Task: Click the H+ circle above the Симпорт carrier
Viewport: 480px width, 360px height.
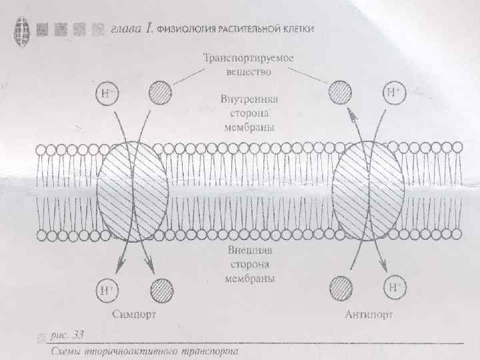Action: pyautogui.click(x=107, y=93)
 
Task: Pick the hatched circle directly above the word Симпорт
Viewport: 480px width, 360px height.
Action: pyautogui.click(x=160, y=289)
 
